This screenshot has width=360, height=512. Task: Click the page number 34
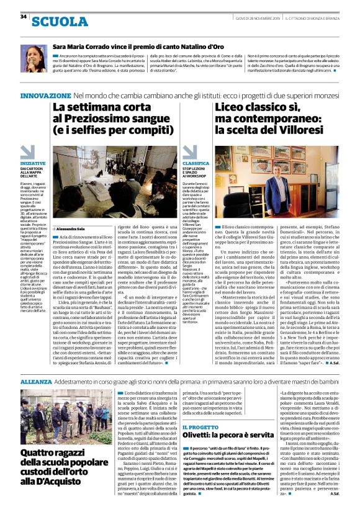(24, 17)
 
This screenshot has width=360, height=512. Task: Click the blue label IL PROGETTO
(200, 410)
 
